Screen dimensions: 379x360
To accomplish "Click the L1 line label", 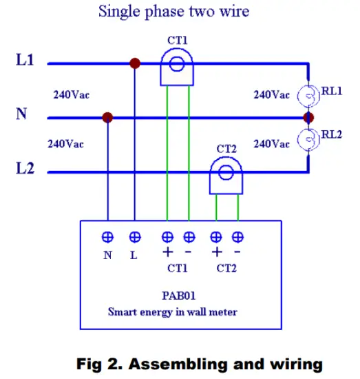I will [x=25, y=61].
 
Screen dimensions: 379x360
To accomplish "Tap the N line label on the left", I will [x=21, y=114].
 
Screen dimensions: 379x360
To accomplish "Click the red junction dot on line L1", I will [x=135, y=63].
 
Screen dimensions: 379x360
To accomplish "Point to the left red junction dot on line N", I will [x=107, y=118].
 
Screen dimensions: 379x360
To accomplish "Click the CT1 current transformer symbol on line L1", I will [x=178, y=66].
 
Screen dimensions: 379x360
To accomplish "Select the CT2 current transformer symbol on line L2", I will [x=226, y=172].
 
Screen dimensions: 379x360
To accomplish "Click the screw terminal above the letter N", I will [x=107, y=237].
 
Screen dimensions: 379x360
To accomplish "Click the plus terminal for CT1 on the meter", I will [x=167, y=237].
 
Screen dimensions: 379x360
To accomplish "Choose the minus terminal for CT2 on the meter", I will [x=238, y=237].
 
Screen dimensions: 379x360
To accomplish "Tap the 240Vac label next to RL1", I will [x=272, y=94].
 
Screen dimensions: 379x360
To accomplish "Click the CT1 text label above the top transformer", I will [x=178, y=39].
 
